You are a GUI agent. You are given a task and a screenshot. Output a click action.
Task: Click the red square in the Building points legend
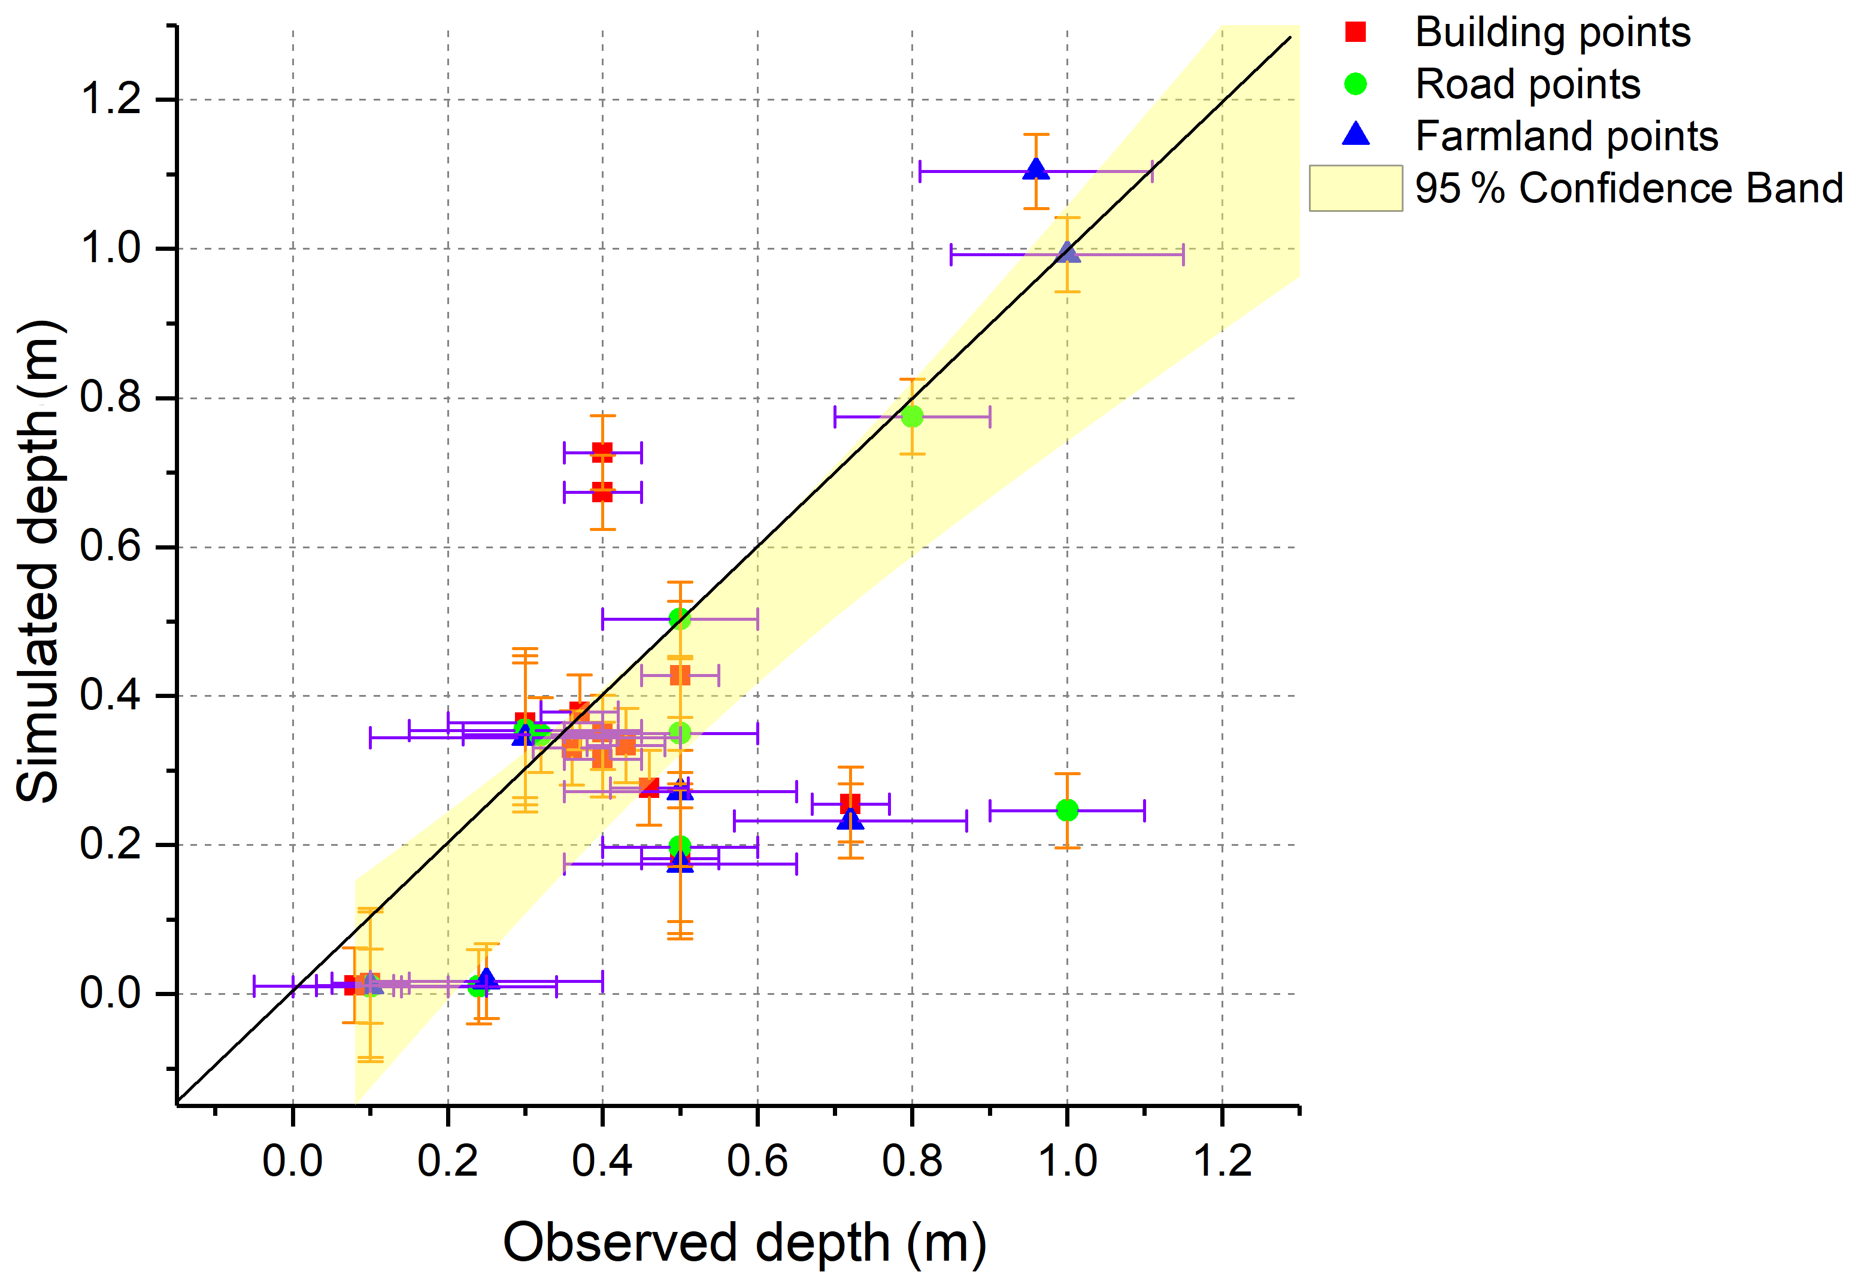coord(1356,32)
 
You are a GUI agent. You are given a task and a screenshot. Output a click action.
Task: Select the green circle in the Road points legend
coord(1356,84)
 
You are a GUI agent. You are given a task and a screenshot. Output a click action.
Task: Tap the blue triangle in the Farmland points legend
coord(1356,135)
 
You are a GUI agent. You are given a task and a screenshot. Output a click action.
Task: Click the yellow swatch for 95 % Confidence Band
coord(1356,188)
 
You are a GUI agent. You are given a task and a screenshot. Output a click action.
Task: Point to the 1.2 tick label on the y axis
coord(111,99)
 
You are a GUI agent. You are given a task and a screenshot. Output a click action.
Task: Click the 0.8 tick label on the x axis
coord(912,1162)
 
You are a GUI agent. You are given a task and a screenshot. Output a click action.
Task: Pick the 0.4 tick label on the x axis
coord(602,1162)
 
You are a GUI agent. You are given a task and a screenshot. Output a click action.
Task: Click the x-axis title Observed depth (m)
coord(744,1242)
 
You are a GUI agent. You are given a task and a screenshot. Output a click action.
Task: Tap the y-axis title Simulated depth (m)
coord(39,561)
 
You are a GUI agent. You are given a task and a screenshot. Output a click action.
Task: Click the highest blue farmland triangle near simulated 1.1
coord(1036,169)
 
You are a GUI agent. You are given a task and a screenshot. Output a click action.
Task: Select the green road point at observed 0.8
coord(912,416)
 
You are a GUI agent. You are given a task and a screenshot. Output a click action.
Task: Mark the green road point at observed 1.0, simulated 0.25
coord(1067,810)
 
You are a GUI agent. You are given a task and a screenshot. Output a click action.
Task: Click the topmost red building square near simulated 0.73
coord(602,453)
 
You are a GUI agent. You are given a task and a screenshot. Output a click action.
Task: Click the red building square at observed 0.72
coord(850,803)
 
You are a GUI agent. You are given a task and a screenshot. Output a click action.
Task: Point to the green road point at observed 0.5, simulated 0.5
coord(680,618)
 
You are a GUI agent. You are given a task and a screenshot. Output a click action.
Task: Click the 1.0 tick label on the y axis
coord(111,248)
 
